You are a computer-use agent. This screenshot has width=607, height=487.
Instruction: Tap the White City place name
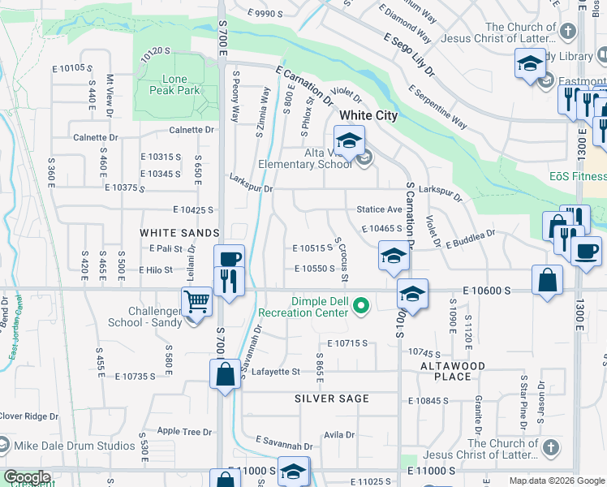368,116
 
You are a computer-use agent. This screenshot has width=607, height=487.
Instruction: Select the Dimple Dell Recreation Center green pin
363,306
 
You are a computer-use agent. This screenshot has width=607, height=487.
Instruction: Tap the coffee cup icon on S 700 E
230,258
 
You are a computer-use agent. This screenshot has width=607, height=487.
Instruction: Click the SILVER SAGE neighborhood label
332,399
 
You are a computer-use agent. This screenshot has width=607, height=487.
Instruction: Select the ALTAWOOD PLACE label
452,371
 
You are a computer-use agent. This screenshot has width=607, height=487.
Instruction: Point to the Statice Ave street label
380,210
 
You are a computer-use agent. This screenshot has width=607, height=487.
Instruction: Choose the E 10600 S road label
486,290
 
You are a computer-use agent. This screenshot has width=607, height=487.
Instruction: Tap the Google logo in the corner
27,477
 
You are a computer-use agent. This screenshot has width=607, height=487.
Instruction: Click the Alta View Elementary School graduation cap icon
349,141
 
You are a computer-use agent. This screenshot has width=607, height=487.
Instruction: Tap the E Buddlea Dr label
470,238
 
